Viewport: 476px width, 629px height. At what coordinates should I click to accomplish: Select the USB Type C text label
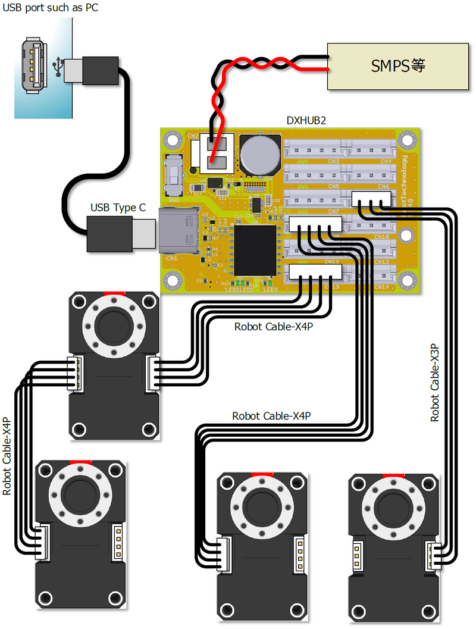tap(118, 208)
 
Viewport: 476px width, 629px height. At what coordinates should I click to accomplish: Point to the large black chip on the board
tap(255, 250)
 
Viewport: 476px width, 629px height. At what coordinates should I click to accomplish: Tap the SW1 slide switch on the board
tap(174, 175)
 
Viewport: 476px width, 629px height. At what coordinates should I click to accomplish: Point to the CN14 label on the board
tap(381, 286)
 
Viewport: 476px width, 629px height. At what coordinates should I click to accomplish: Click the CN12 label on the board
tap(381, 262)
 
